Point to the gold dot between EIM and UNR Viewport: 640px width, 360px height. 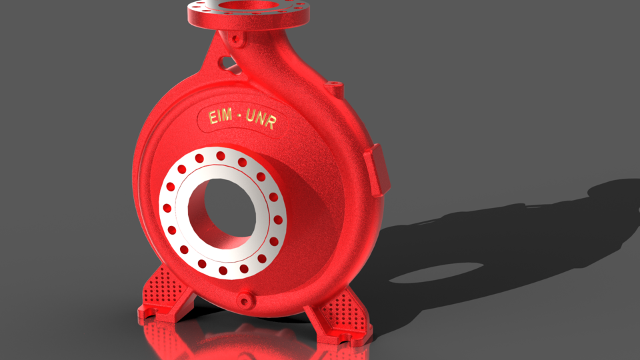pyautogui.click(x=239, y=118)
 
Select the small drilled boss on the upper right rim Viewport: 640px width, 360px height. pyautogui.click(x=335, y=87)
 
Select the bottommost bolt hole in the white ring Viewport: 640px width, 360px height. pyautogui.click(x=223, y=271)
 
